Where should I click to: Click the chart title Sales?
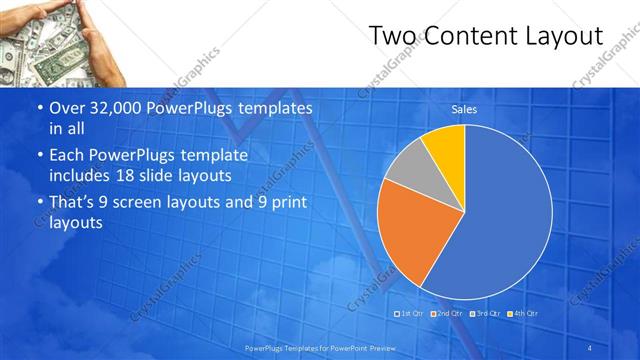pos(464,109)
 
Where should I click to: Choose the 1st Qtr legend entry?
pos(411,313)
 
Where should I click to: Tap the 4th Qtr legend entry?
pos(523,313)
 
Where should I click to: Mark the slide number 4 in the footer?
pos(591,347)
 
